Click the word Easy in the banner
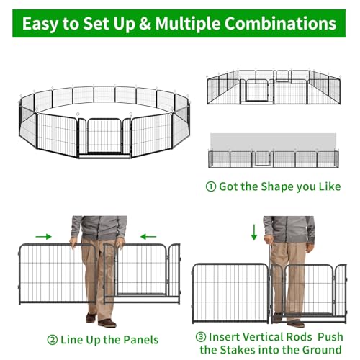[x=40, y=24]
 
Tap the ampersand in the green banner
[x=145, y=23]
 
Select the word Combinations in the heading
[x=280, y=23]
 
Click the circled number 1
[x=211, y=186]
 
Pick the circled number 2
[x=53, y=340]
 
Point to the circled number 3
[x=201, y=337]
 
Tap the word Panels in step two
[x=141, y=340]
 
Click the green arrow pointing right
[x=43, y=237]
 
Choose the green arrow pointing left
[x=148, y=237]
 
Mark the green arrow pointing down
[x=254, y=233]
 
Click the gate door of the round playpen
[x=104, y=136]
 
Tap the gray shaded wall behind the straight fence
[x=273, y=142]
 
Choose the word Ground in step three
[x=322, y=350]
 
